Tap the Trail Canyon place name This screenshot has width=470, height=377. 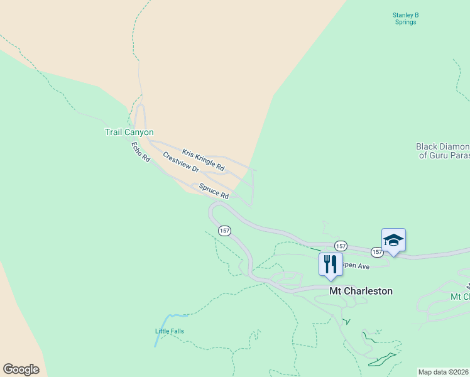pos(129,132)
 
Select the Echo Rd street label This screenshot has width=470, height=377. pos(140,153)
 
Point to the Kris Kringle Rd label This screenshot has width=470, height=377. pos(203,160)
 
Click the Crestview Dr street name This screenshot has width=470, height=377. pos(180,162)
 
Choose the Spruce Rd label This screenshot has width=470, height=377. pos(214,191)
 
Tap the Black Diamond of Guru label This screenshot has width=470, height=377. pos(442,150)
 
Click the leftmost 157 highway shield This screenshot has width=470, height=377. pos(224,231)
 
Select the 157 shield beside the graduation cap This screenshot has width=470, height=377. pos(376,252)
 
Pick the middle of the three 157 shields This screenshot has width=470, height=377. pos(340,246)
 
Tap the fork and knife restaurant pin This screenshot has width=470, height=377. pos(331,263)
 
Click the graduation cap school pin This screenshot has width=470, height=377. pos(393,241)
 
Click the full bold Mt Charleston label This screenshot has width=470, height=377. pos(361,291)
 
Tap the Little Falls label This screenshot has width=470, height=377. pos(170,331)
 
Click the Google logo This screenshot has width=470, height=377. pos(21,369)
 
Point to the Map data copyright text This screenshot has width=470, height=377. pos(444,372)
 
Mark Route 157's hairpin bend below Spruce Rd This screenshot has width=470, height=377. pos(212,211)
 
